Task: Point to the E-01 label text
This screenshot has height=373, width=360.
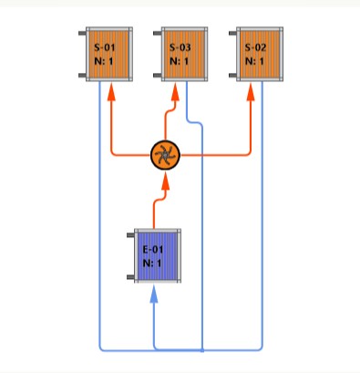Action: coord(151,249)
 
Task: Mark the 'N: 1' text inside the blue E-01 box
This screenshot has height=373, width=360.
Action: coord(151,264)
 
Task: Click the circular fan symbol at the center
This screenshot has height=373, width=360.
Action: coord(165,156)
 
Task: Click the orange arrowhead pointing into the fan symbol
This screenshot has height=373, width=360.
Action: coord(165,182)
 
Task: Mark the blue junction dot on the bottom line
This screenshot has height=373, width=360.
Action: coord(201,349)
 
